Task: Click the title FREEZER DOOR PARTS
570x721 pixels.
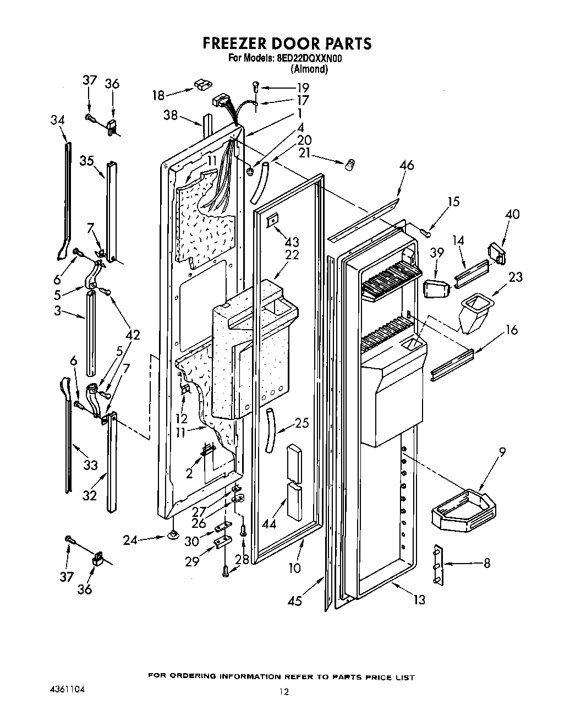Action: click(x=287, y=43)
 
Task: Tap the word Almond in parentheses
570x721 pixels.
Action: click(x=309, y=69)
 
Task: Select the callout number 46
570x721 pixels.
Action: click(x=407, y=165)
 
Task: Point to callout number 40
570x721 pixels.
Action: click(x=512, y=214)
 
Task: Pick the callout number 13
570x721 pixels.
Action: click(x=419, y=599)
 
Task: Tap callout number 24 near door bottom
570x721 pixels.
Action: click(x=130, y=540)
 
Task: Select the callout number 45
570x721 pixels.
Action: click(x=295, y=600)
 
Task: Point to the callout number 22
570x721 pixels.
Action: click(x=292, y=255)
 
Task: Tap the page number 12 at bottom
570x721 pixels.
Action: click(x=283, y=692)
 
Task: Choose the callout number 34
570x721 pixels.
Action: click(x=58, y=119)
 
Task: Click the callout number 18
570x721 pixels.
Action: click(x=158, y=95)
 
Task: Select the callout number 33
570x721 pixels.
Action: click(x=90, y=466)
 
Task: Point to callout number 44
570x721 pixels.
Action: click(x=268, y=524)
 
